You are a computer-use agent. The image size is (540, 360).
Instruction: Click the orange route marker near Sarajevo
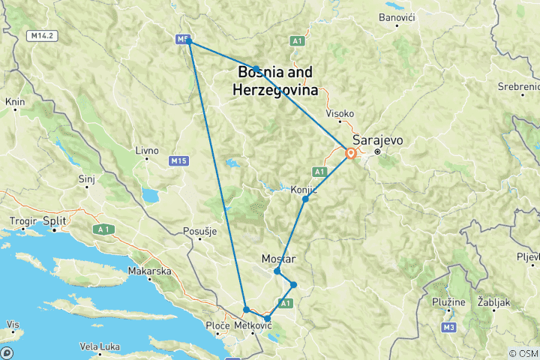coord(350,154)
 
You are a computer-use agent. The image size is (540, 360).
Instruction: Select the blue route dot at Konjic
coord(305,199)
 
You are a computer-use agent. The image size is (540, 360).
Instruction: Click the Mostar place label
coord(280,259)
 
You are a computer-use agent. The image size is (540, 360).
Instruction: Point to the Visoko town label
coord(340,114)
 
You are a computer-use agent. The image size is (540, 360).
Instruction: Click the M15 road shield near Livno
coord(178,160)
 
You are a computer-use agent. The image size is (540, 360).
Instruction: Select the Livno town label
coord(147,151)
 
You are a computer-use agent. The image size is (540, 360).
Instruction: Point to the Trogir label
coord(20,223)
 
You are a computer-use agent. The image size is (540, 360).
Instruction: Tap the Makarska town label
coord(150,271)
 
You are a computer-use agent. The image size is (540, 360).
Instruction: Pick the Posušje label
coord(199,232)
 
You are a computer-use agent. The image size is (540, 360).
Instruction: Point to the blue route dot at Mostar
coord(277,271)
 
